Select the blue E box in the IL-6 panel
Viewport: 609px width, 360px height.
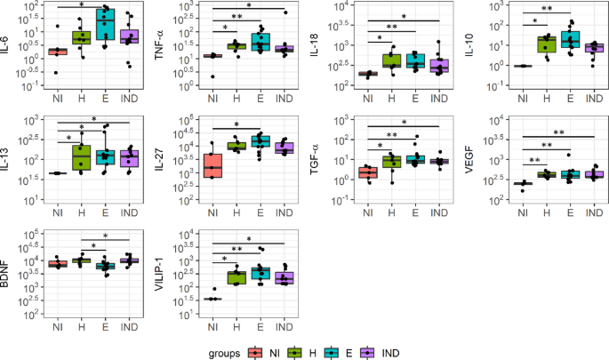click(106, 25)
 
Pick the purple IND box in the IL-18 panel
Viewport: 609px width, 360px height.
click(438, 66)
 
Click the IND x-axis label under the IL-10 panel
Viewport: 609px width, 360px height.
click(591, 89)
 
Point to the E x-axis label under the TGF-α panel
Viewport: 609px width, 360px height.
click(413, 210)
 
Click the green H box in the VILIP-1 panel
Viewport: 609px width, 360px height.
click(236, 277)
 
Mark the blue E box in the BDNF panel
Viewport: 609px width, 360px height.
click(106, 266)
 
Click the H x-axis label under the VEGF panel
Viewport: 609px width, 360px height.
click(543, 210)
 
